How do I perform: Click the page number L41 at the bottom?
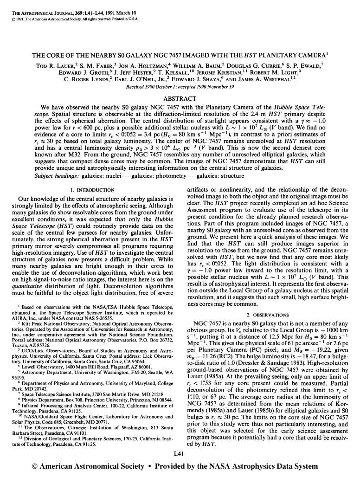180,453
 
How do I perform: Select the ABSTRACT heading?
180,99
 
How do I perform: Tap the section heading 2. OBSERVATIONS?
267,314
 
